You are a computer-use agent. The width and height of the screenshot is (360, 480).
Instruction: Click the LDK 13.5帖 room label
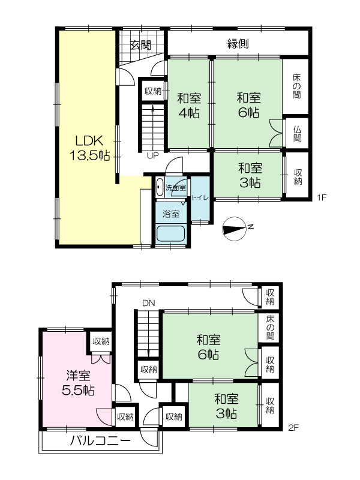point(89,148)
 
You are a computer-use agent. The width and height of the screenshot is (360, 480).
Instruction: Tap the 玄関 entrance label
point(140,46)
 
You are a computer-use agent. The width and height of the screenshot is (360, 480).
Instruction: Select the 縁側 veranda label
point(238,44)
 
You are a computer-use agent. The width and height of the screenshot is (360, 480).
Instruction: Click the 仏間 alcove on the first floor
point(297,134)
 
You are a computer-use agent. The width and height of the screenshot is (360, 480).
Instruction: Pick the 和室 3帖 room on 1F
point(248,175)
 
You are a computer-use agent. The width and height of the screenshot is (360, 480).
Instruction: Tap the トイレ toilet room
point(200,198)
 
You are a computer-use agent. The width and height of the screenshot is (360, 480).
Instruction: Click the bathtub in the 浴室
point(171,233)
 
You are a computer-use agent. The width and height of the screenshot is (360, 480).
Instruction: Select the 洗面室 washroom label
point(176,188)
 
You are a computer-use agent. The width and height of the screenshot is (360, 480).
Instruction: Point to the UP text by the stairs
point(153,155)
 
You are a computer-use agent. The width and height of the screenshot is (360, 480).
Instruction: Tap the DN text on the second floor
point(148,303)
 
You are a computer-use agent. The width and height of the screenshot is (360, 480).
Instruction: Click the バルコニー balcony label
point(100,441)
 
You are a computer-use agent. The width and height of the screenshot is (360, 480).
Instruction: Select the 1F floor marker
point(322,197)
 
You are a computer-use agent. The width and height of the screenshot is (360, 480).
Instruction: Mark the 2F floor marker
point(293,427)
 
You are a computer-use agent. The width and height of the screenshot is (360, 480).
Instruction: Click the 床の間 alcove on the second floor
point(270,328)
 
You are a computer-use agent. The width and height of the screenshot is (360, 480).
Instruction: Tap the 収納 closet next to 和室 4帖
point(153,91)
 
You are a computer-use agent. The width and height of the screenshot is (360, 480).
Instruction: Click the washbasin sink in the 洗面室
point(160,187)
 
